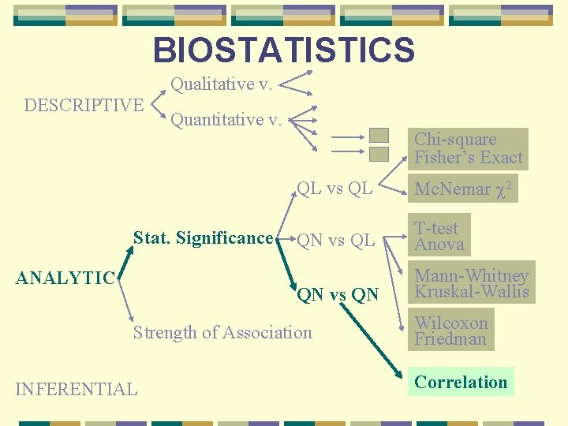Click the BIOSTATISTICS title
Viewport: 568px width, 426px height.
(283, 50)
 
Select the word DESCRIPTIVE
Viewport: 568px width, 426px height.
(84, 105)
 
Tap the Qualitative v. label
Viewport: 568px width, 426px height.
(222, 84)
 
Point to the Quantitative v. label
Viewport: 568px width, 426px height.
(227, 120)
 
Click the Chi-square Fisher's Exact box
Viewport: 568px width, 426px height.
(469, 149)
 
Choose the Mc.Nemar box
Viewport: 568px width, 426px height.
(464, 189)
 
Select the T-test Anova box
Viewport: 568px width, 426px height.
(439, 237)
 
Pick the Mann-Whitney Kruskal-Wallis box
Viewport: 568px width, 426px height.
(471, 283)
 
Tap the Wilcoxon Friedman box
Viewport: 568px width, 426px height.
(451, 331)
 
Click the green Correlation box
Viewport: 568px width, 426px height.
(461, 383)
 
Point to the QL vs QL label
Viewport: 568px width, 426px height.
(334, 189)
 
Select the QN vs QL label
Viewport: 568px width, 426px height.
(335, 241)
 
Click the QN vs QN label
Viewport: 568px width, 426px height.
(338, 295)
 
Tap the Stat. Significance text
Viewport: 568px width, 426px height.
(203, 238)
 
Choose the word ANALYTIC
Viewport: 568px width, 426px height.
(65, 278)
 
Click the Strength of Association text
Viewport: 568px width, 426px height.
(222, 333)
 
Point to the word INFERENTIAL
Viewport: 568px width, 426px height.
(77, 389)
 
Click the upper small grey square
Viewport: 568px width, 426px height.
(379, 136)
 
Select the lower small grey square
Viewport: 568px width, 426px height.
(379, 154)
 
